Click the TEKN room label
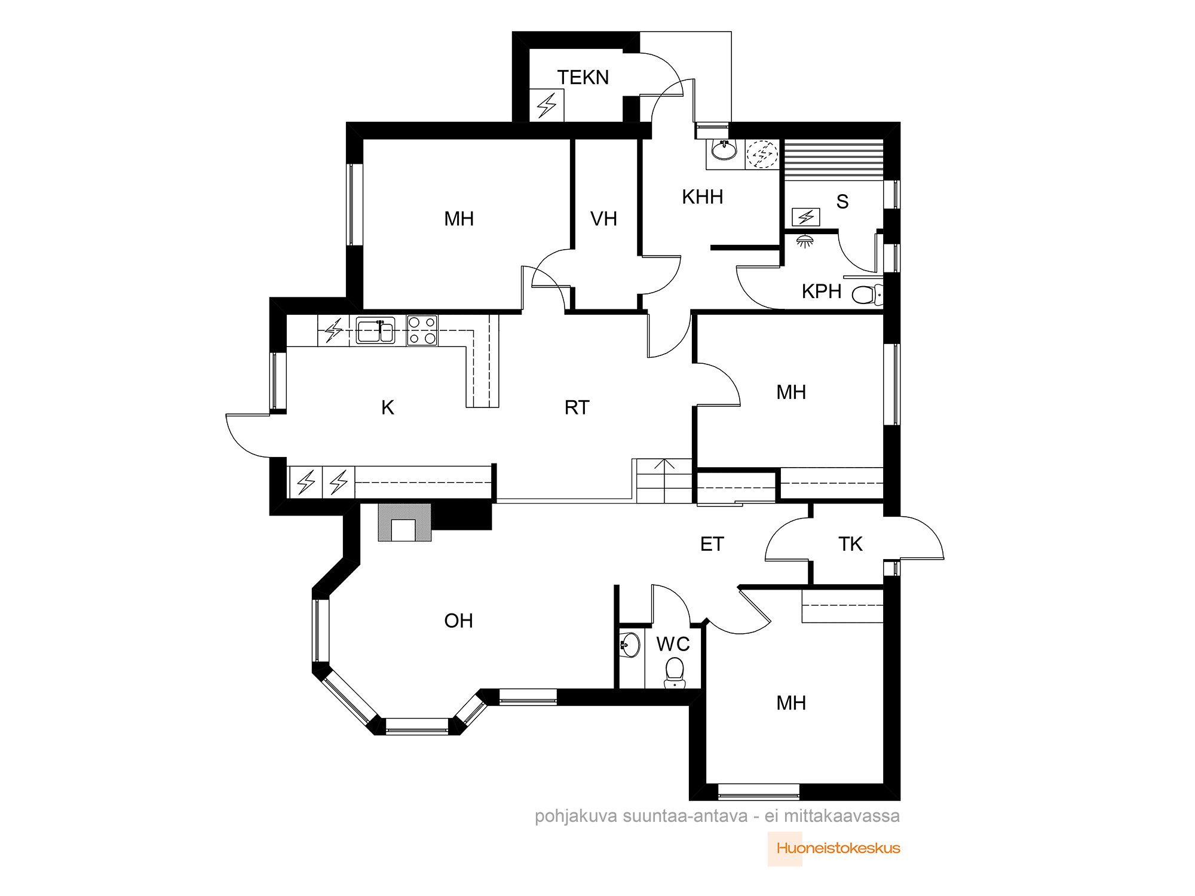point(583,78)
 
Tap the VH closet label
point(603,219)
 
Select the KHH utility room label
point(702,197)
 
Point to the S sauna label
point(842,201)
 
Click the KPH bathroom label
point(822,291)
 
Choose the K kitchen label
point(388,407)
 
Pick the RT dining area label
point(577,407)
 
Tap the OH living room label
point(458,621)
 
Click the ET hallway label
point(712,544)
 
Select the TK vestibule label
point(850,544)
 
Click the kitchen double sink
point(375,331)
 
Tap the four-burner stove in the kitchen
point(422,330)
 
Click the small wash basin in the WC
point(630,645)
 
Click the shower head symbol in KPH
point(805,241)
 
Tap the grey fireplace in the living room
point(404,522)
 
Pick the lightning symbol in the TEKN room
point(547,106)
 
